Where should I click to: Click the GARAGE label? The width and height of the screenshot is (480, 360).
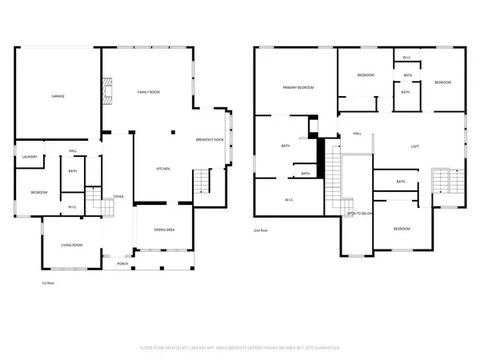58,96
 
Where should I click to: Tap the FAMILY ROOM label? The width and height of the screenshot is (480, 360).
149,93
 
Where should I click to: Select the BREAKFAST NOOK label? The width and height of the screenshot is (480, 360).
210,140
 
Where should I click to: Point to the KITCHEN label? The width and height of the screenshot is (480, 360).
163,169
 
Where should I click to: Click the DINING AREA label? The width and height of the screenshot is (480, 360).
164,230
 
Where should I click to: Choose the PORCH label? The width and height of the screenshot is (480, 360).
122,263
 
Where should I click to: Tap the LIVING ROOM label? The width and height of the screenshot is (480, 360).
73,245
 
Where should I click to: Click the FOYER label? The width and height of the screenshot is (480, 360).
118,196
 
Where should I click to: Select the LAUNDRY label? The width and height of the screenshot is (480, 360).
30,157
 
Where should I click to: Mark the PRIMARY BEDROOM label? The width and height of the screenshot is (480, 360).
298,87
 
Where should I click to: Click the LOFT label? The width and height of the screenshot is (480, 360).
415,146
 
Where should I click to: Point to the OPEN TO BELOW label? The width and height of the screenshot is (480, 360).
361,214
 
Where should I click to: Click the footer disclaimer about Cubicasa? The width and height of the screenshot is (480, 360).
240,349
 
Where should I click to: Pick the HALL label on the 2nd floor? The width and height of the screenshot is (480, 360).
358,134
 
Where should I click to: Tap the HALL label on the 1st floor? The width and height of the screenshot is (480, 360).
72,151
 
